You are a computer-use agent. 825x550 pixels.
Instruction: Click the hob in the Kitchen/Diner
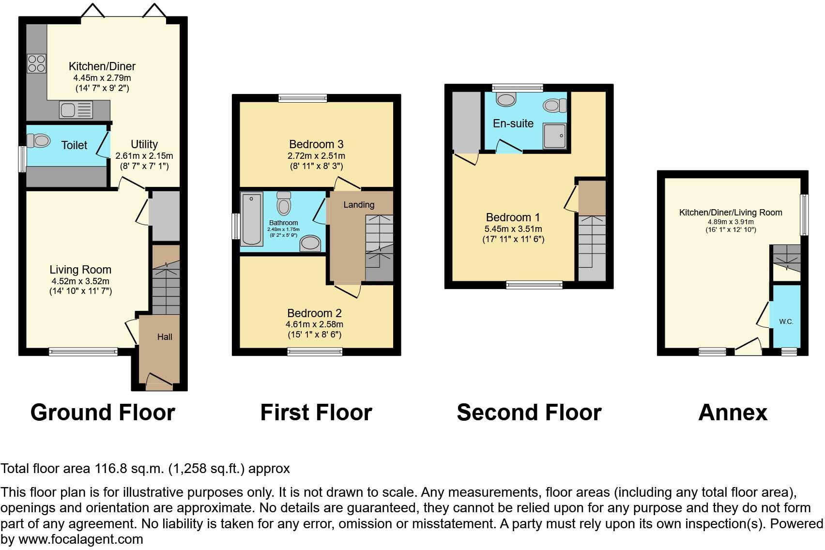pos(36,63)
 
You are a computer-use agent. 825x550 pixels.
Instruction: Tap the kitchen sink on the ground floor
pos(76,110)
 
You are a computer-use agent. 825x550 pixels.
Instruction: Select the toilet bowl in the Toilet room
pos(39,141)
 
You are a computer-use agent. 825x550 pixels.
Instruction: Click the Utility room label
pos(144,144)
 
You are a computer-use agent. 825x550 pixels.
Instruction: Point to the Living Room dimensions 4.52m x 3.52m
pos(80,281)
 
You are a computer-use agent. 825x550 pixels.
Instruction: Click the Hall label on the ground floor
pos(165,337)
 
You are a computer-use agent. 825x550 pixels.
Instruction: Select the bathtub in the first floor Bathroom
pos(252,218)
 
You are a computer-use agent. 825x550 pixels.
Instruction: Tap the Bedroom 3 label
pos(316,144)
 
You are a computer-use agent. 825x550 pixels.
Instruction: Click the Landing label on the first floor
pos(359,205)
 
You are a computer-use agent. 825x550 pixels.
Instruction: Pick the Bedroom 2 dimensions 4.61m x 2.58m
pos(315,324)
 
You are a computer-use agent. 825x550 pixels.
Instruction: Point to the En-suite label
pos(513,123)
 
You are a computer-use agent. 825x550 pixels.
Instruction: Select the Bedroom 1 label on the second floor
pos(513,217)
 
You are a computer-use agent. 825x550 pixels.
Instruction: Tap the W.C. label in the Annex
pos(786,322)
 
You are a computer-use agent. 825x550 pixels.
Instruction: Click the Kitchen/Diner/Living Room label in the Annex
pos(731,213)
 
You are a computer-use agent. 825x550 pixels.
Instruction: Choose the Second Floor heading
pos(529,412)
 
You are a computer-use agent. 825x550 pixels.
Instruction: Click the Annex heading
pos(733,412)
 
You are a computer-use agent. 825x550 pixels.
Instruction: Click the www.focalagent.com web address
pos(81,539)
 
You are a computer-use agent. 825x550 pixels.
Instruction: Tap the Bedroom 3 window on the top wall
pos(303,98)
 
